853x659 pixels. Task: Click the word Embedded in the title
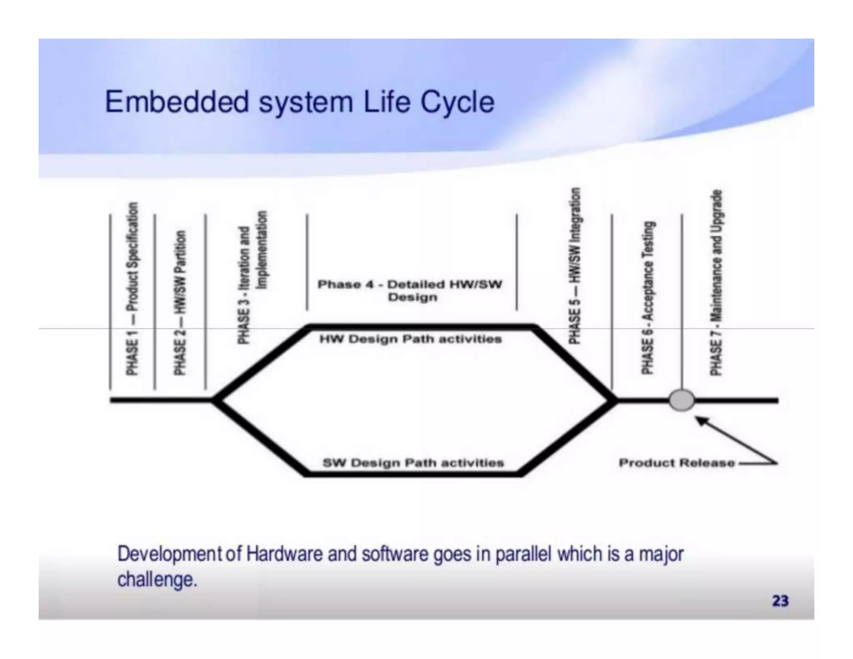177,102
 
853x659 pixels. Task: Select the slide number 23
780,601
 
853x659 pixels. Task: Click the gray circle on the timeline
681,400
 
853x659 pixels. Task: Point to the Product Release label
676,463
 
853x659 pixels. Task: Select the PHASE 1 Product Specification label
132,288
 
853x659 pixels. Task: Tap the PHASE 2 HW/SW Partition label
180,302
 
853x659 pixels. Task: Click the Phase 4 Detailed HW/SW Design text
410,290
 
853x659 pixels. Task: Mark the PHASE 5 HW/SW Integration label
574,266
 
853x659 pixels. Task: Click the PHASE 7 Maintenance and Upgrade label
716,282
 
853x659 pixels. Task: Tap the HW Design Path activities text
410,339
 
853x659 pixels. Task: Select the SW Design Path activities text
413,463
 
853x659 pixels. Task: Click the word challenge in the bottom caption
157,579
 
